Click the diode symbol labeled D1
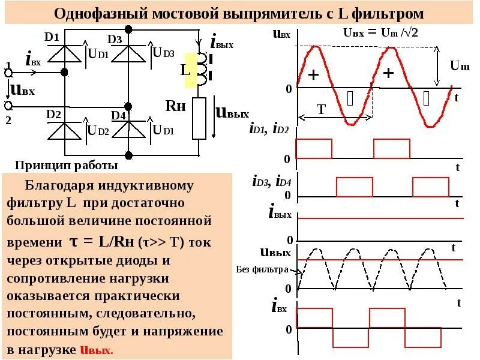(x=64, y=54)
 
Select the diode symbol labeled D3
(x=128, y=54)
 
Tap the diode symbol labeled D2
(x=64, y=130)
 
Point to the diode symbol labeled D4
(x=128, y=130)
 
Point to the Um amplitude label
(x=460, y=65)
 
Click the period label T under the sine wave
(x=321, y=109)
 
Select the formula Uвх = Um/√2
(x=381, y=31)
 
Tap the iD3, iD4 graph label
(x=271, y=181)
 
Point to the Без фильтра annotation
(x=262, y=269)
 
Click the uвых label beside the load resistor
(x=232, y=112)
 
